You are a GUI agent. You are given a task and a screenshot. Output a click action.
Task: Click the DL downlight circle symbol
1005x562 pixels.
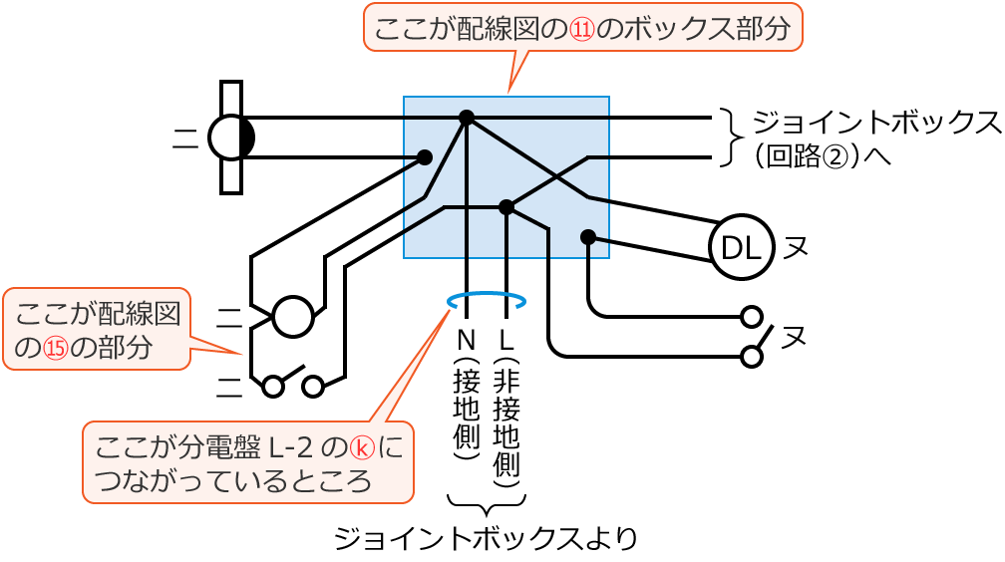click(741, 247)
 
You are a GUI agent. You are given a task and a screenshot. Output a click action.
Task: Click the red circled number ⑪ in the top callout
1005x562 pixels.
click(581, 30)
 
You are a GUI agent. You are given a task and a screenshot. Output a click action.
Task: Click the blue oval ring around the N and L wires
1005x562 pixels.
click(487, 299)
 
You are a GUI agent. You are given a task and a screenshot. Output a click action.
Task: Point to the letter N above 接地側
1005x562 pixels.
click(466, 339)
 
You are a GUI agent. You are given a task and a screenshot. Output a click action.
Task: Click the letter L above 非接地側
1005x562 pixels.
click(506, 339)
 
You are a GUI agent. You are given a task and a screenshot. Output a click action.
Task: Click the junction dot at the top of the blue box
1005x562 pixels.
click(466, 118)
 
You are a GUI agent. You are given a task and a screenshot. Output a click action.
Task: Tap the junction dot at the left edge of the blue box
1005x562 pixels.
click(425, 157)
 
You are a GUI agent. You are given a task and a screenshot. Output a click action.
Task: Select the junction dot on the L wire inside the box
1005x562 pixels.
click(506, 207)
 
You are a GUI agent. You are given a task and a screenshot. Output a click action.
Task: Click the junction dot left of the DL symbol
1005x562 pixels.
click(588, 237)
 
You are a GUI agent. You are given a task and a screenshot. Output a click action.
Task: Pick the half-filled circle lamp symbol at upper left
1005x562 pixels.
click(231, 138)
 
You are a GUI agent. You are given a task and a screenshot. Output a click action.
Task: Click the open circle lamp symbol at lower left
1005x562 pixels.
click(292, 317)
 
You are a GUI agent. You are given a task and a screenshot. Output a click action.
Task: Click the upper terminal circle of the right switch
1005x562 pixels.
click(752, 317)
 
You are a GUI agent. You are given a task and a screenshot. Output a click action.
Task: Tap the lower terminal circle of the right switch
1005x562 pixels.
click(752, 357)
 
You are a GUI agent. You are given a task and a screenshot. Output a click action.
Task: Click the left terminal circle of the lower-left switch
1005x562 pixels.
click(272, 387)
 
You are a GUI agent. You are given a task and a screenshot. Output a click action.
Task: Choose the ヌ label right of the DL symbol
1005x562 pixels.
click(795, 247)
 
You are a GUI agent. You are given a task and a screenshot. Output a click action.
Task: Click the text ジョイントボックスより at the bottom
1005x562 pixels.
click(486, 539)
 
